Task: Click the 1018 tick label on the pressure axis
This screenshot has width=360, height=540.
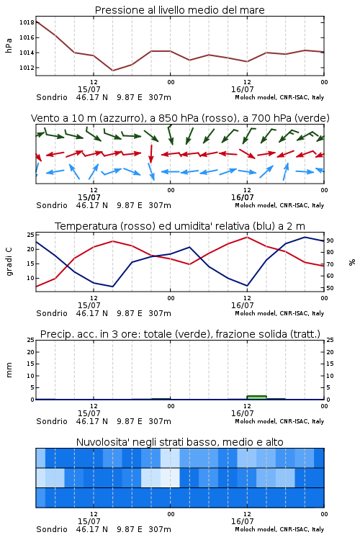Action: pos(27,22)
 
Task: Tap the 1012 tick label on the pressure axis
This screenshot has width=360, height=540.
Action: pos(27,68)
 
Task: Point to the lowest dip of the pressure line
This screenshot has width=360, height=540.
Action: pos(112,71)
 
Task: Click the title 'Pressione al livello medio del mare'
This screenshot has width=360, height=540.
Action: pos(180,10)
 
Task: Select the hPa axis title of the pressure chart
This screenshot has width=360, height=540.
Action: pos(9,45)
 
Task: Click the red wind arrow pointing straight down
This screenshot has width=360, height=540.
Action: pos(151,154)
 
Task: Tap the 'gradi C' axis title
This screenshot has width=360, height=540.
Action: pos(9,261)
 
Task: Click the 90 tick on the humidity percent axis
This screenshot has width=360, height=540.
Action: pos(330,240)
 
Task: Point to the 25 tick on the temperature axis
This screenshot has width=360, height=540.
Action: pos(30,235)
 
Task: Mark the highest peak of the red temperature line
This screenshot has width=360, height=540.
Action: pos(247,237)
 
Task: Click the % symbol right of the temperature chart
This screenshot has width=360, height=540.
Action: pos(352,262)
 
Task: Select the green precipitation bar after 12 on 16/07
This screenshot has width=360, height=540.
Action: pos(256,397)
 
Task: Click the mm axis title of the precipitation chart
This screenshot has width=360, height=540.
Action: pos(9,369)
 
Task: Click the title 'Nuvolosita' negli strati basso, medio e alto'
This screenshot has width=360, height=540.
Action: pos(180,442)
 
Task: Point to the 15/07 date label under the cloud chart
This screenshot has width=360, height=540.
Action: pos(89,521)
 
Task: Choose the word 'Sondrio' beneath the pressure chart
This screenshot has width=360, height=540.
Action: pos(52,97)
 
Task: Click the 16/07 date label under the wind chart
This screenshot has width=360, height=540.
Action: pos(242,197)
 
